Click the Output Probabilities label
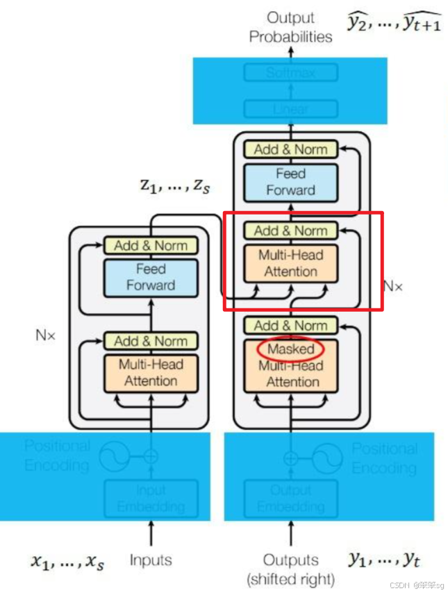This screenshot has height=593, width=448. pyautogui.click(x=290, y=27)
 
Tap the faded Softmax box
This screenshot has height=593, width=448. pyautogui.click(x=290, y=72)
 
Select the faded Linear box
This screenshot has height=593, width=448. pyautogui.click(x=290, y=109)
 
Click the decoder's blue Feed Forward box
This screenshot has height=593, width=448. pyautogui.click(x=290, y=182)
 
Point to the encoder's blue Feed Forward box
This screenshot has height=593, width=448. pyautogui.click(x=151, y=276)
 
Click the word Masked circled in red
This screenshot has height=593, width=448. pyautogui.click(x=291, y=349)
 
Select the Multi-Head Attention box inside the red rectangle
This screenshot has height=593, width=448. pyautogui.click(x=290, y=263)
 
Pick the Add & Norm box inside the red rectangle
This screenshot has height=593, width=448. pyautogui.click(x=290, y=231)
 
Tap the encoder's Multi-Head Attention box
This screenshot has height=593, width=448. pyautogui.click(x=151, y=372)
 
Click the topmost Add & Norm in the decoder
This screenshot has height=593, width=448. pyautogui.click(x=290, y=149)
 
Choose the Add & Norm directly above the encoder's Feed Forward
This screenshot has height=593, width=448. pyautogui.click(x=151, y=245)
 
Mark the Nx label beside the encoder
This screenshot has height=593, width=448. pyautogui.click(x=45, y=335)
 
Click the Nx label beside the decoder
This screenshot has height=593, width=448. pyautogui.click(x=393, y=285)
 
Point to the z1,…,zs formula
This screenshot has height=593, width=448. pyautogui.click(x=174, y=187)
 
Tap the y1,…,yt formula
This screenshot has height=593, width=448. pyautogui.click(x=384, y=560)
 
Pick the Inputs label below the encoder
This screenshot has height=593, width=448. pyautogui.click(x=151, y=560)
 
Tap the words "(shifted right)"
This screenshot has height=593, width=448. pyautogui.click(x=290, y=578)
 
